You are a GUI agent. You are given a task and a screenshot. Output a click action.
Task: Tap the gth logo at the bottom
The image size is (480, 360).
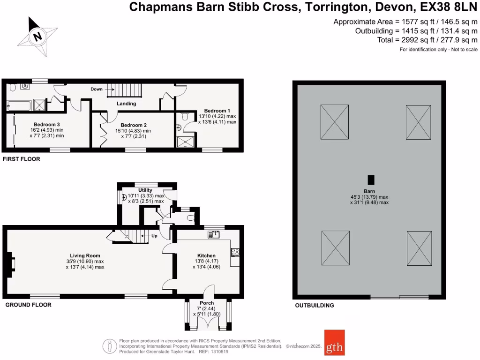[x=334, y=343]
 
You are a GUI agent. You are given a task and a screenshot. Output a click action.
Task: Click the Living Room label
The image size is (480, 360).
[x=84, y=255]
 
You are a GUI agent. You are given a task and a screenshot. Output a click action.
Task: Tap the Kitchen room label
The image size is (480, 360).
[x=206, y=255]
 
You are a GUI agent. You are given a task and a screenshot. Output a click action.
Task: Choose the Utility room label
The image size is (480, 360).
[x=145, y=190]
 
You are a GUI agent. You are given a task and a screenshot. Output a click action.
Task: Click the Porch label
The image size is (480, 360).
[x=207, y=303]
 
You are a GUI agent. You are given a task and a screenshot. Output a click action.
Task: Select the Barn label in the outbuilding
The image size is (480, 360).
[x=369, y=191]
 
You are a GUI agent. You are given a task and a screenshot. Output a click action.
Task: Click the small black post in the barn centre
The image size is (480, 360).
[x=371, y=180]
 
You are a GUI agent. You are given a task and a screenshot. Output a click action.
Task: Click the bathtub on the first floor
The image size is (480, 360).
[x=19, y=106]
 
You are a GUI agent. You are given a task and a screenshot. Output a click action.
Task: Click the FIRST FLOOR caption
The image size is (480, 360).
[x=22, y=159]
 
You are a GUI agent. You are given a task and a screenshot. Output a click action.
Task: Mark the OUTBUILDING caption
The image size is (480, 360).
[x=315, y=306]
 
